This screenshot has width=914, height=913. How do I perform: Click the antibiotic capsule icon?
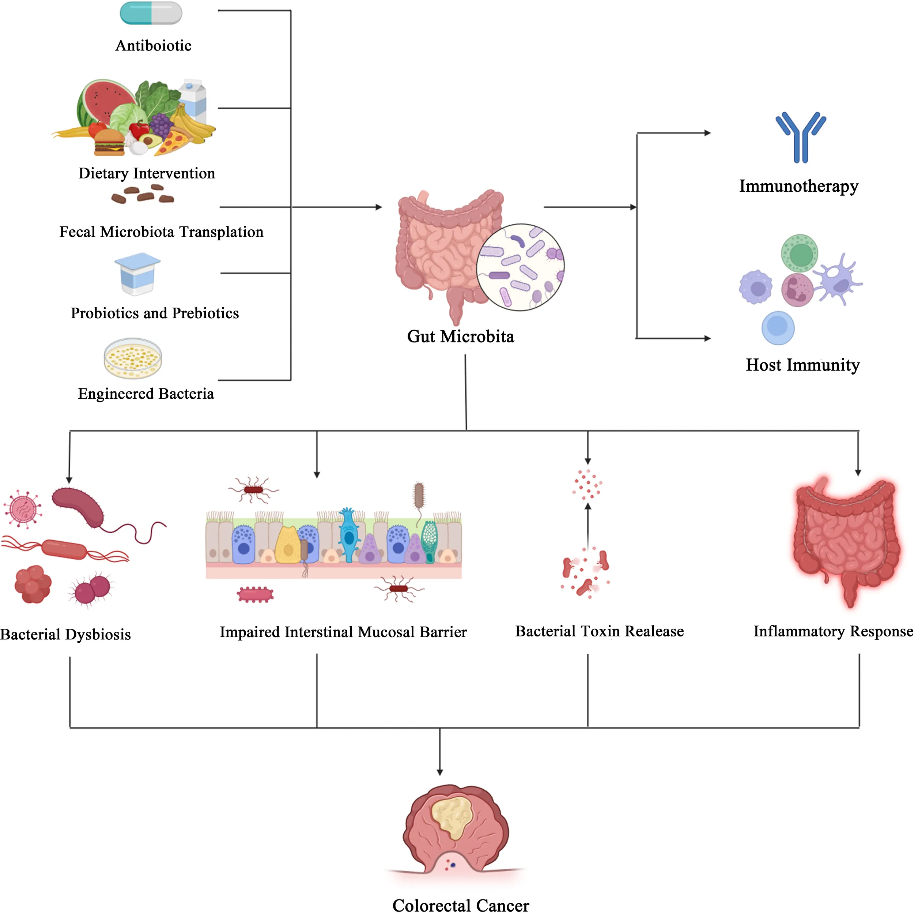[x=151, y=13]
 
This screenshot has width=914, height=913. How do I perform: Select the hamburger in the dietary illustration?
[x=109, y=142]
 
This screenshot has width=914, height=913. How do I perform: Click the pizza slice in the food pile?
[x=173, y=142]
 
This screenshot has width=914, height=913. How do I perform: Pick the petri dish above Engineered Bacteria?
[x=133, y=358]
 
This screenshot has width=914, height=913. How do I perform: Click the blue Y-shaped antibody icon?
[x=800, y=137]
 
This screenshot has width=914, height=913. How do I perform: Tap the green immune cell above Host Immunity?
[x=800, y=254]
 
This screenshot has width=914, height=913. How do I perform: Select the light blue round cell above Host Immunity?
[x=778, y=327]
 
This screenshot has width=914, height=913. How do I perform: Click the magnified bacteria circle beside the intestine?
[x=520, y=267]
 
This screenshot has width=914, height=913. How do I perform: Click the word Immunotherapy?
[x=798, y=186]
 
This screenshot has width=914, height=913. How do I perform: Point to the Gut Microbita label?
[x=460, y=337]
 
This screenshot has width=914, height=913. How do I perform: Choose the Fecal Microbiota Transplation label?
[x=161, y=232]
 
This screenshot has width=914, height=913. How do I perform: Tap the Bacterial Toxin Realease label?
[x=599, y=631]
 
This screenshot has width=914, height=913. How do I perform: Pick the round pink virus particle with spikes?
[x=22, y=509]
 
